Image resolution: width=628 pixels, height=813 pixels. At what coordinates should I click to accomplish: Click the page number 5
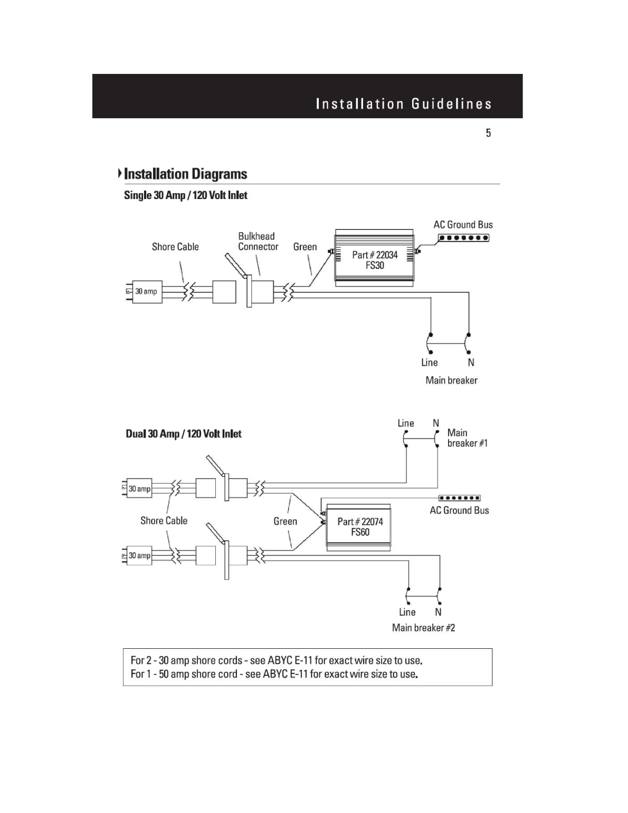tap(488, 133)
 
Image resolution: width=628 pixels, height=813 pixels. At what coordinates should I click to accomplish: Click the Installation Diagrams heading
tap(185, 174)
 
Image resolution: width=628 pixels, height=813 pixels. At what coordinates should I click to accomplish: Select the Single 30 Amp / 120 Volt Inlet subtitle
tap(185, 195)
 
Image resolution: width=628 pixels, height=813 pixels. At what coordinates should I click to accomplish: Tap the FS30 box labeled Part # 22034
tap(375, 260)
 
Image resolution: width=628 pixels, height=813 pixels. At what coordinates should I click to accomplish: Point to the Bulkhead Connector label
tap(258, 241)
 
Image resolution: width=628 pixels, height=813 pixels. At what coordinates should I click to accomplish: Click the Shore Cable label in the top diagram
tap(175, 247)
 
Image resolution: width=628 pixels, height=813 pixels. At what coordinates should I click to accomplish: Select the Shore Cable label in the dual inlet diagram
tap(164, 521)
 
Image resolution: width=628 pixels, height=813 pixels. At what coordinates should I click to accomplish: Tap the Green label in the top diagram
tap(305, 247)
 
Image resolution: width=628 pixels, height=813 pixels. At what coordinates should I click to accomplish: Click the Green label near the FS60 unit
tap(285, 522)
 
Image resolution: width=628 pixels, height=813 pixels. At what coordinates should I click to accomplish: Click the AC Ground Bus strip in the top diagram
tap(464, 238)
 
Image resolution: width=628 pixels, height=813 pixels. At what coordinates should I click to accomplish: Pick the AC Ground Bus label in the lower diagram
tap(459, 511)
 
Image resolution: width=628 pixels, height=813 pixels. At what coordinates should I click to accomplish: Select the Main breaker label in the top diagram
tap(451, 380)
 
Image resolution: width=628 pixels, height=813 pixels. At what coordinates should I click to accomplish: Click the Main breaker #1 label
tap(467, 438)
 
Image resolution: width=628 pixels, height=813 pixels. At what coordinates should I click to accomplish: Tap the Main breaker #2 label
tap(423, 628)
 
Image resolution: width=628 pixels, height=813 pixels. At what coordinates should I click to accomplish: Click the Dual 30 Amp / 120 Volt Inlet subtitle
tap(183, 434)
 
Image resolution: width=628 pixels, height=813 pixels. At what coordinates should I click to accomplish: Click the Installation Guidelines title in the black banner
tap(404, 104)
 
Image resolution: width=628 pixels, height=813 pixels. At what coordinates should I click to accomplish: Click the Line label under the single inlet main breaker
tap(429, 363)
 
